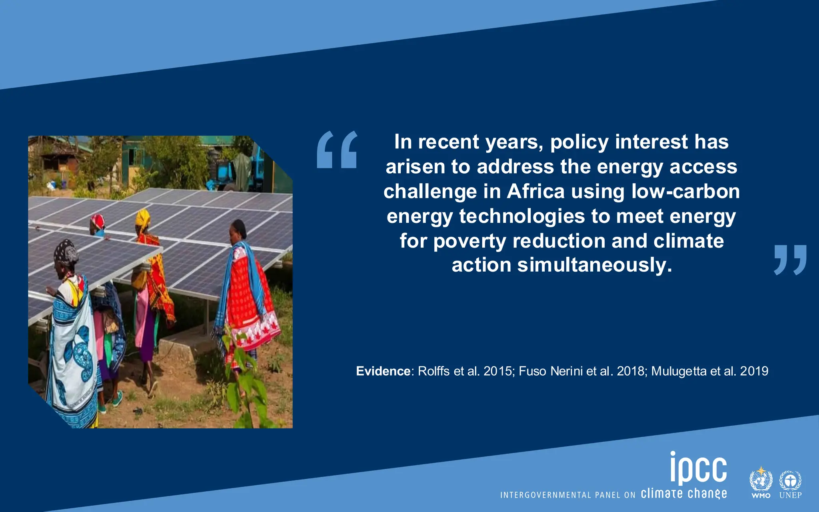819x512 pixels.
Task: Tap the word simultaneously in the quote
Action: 594,265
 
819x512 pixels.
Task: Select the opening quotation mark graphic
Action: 337,149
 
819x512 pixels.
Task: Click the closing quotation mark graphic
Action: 790,260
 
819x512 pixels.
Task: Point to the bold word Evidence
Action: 383,371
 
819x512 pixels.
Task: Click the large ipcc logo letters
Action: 698,468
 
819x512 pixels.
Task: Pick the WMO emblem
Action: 761,482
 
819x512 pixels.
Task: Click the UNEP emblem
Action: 790,482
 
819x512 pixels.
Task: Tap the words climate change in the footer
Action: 684,494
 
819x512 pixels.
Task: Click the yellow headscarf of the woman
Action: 142,218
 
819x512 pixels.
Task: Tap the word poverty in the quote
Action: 469,241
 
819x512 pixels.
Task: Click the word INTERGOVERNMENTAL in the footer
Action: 545,495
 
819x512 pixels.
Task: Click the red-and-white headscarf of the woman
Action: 98,221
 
